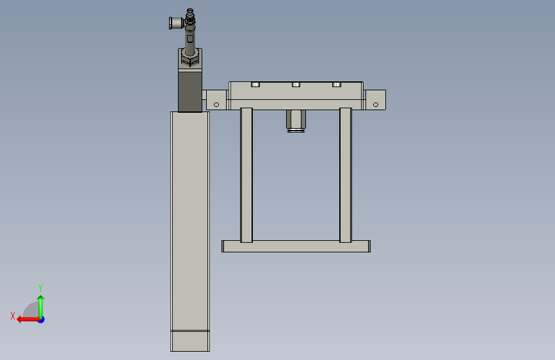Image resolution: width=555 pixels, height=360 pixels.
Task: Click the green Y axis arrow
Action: click(x=41, y=307)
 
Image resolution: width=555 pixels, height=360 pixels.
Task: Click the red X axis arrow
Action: click(x=28, y=320)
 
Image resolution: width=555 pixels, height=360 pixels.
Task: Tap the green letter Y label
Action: click(x=40, y=288)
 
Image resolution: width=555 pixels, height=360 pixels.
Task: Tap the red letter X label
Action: click(x=13, y=316)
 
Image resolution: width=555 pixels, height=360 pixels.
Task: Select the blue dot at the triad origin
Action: click(x=42, y=320)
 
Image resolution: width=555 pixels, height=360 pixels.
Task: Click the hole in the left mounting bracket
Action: click(x=216, y=104)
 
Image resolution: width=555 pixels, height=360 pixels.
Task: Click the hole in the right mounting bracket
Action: click(x=376, y=104)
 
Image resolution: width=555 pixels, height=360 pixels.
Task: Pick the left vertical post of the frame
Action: click(x=246, y=175)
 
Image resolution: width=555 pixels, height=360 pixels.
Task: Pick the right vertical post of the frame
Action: click(x=346, y=175)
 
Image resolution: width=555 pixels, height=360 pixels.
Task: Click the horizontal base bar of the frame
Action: click(x=296, y=246)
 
